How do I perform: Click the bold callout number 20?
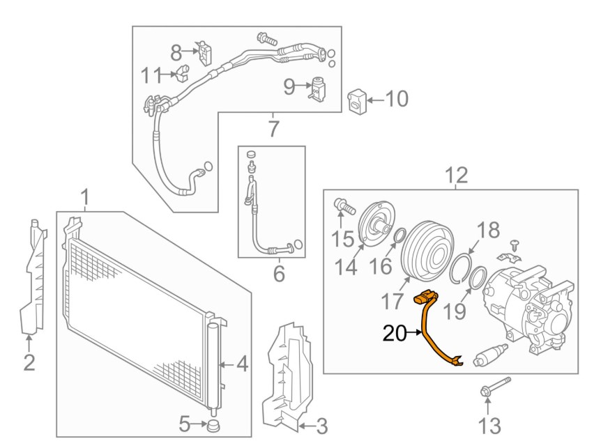point(395,334)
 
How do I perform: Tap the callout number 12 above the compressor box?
point(457,176)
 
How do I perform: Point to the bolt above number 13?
point(495,387)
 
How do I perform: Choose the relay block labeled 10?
point(357,101)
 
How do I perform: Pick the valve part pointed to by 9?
point(317,88)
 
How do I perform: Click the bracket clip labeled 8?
point(204,53)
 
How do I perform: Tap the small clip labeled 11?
point(182,72)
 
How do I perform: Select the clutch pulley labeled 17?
point(427,252)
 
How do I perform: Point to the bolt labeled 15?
point(344,206)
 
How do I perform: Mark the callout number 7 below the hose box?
point(273,130)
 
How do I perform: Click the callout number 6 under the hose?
point(279,274)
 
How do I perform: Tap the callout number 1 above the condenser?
point(86,198)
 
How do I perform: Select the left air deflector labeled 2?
point(33,277)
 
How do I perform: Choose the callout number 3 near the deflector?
point(321,426)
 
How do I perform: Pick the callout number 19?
point(454,311)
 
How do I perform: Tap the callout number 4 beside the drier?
point(242,364)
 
